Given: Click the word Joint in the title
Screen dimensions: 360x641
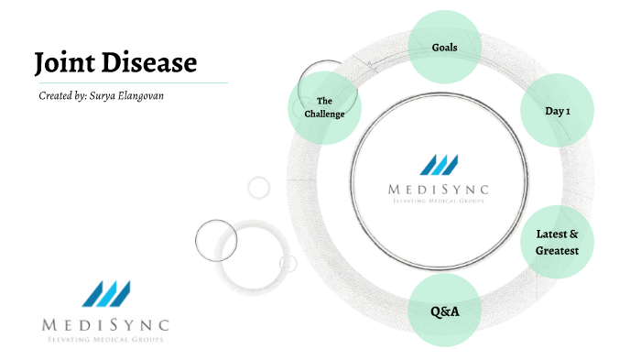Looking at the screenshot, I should (x=64, y=62).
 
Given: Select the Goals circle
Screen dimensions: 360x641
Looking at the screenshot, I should (x=444, y=46).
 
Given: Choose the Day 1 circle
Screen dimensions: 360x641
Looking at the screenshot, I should (x=558, y=110).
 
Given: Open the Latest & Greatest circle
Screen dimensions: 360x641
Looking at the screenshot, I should (x=558, y=243).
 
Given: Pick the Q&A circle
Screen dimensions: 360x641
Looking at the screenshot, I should (x=444, y=311).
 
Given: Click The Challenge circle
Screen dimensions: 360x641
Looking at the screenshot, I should (x=324, y=107).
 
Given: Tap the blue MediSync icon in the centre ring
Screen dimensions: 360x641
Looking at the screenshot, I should (x=439, y=164).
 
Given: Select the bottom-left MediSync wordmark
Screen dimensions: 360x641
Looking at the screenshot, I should (x=106, y=325).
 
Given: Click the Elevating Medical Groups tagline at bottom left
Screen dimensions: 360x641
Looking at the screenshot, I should (x=106, y=340).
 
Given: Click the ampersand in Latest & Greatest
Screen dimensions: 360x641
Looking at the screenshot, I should (x=575, y=235).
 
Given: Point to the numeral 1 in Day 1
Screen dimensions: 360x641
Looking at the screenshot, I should (x=568, y=110).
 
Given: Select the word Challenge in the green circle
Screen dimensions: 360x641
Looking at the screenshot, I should (x=324, y=114).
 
